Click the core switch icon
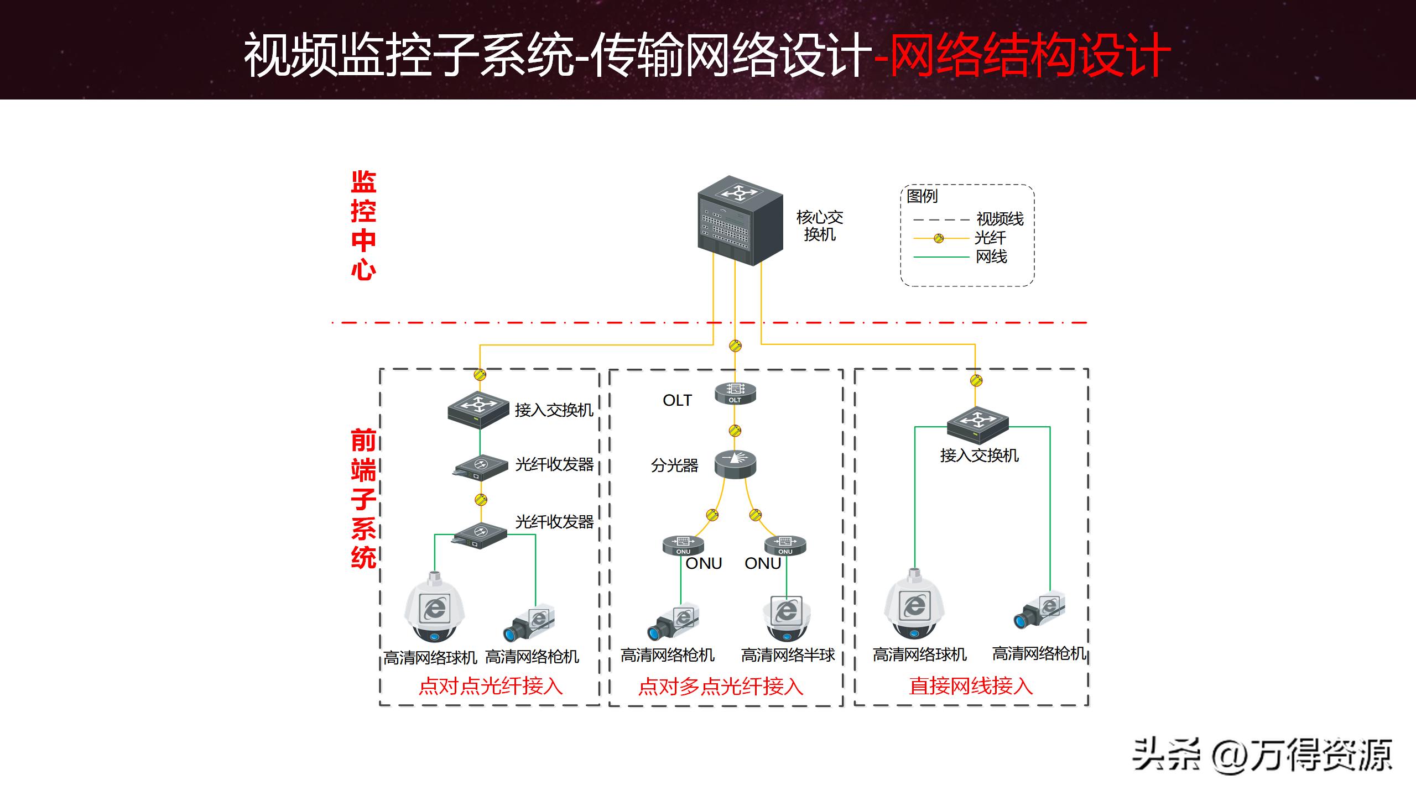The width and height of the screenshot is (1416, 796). click(x=740, y=221)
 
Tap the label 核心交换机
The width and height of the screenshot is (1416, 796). click(x=819, y=226)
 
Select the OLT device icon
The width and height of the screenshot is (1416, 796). click(x=735, y=393)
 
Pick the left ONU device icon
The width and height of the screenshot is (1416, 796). click(x=683, y=545)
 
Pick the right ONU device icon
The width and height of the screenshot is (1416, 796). click(x=785, y=545)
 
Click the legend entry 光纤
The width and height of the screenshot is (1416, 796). click(x=990, y=238)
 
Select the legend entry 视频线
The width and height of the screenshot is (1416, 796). click(x=999, y=219)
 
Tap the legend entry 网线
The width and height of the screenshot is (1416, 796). click(x=991, y=257)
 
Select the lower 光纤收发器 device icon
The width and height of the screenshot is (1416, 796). click(x=480, y=535)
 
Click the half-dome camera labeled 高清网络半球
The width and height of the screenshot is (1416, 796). click(x=787, y=617)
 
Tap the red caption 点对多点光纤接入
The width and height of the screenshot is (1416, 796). click(x=720, y=687)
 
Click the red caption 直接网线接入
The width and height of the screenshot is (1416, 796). click(x=971, y=686)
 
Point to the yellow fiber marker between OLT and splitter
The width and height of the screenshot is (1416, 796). click(x=735, y=431)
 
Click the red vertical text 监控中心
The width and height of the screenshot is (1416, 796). click(x=363, y=226)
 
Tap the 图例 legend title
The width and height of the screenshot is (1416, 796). click(x=922, y=196)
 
